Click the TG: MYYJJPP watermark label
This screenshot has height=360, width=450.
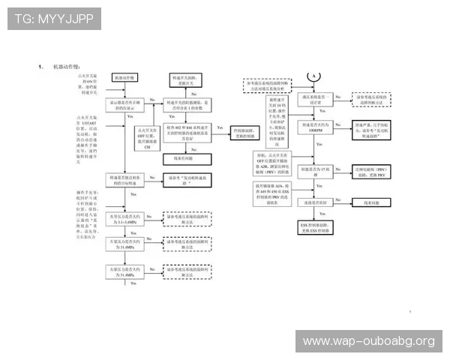54,19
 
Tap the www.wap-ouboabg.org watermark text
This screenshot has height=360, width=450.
368,341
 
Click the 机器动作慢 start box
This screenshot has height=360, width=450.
126,77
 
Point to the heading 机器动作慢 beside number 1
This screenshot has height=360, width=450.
68,67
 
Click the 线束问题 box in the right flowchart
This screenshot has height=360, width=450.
369,202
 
